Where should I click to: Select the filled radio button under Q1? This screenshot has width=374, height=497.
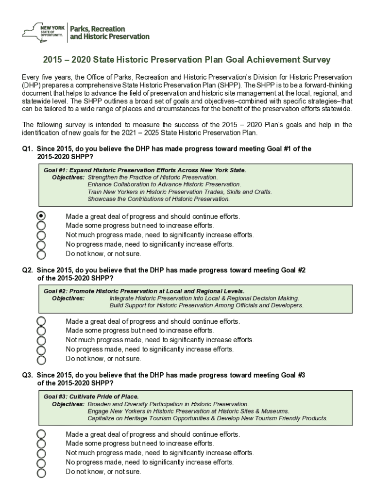tap(42, 216)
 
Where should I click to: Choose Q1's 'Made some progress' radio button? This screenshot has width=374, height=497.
tap(42, 226)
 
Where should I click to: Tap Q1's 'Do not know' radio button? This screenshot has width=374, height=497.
tap(42, 254)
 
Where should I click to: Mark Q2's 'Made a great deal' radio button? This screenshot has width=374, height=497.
tap(42, 321)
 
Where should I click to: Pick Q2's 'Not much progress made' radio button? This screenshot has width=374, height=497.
tap(42, 340)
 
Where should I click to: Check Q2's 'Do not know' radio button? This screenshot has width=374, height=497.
tap(42, 360)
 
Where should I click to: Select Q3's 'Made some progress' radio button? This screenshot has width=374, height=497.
tap(42, 444)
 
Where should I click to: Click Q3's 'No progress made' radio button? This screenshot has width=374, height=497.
tap(42, 463)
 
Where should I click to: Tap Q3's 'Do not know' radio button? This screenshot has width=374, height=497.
tap(42, 472)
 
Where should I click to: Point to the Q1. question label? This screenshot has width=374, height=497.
tap(27, 149)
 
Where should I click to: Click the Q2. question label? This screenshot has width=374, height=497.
tap(27, 270)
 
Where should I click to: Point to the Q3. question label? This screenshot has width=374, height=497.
tap(27, 375)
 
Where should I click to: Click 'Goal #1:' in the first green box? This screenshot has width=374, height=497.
tap(55, 170)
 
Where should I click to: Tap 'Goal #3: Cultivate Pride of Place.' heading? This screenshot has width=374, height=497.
tap(91, 397)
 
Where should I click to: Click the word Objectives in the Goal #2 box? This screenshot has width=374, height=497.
tap(68, 298)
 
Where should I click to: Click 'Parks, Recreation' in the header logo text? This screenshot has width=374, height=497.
tap(98, 29)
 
